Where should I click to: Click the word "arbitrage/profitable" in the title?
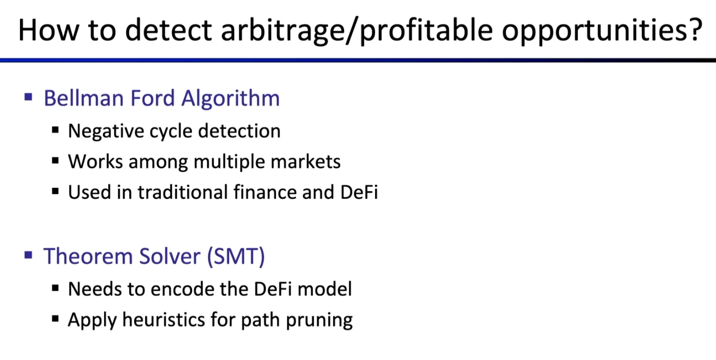pyautogui.click(x=357, y=31)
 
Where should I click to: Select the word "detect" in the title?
pyautogui.click(x=168, y=30)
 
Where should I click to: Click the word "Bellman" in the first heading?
pyautogui.click(x=83, y=98)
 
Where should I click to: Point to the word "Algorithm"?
pyautogui.click(x=230, y=99)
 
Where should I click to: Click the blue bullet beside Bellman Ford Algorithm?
pyautogui.click(x=29, y=97)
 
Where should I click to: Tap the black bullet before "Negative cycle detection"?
pyautogui.click(x=56, y=130)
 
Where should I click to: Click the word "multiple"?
pyautogui.click(x=229, y=162)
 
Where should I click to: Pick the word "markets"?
pyautogui.click(x=306, y=162)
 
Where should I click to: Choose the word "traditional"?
pyautogui.click(x=183, y=192)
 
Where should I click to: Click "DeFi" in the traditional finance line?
pyautogui.click(x=359, y=192)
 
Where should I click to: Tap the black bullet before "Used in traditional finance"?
pyautogui.click(x=56, y=191)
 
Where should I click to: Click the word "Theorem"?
pyautogui.click(x=88, y=256)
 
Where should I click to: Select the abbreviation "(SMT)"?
pyautogui.click(x=236, y=256)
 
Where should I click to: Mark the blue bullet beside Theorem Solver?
pyautogui.click(x=29, y=255)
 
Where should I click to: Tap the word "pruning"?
pyautogui.click(x=319, y=321)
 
